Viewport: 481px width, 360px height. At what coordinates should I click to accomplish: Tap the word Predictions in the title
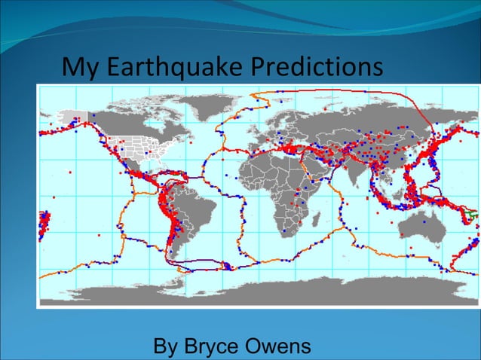(316, 68)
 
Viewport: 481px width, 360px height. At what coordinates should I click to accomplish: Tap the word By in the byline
(167, 347)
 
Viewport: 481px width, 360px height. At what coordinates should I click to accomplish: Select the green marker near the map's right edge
(473, 215)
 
